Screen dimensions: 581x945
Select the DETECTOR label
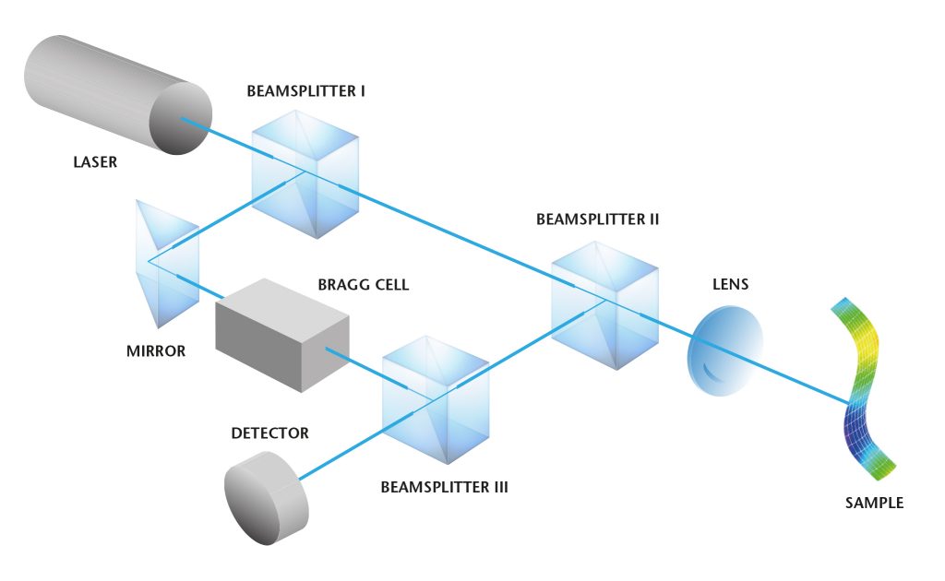coord(270,433)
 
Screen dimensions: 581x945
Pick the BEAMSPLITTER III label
coord(445,486)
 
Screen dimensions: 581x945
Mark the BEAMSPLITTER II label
coord(597,220)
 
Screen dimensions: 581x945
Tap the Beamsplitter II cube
coord(605,301)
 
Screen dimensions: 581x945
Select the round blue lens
coord(726,346)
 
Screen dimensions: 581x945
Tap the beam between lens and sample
coord(804,381)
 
